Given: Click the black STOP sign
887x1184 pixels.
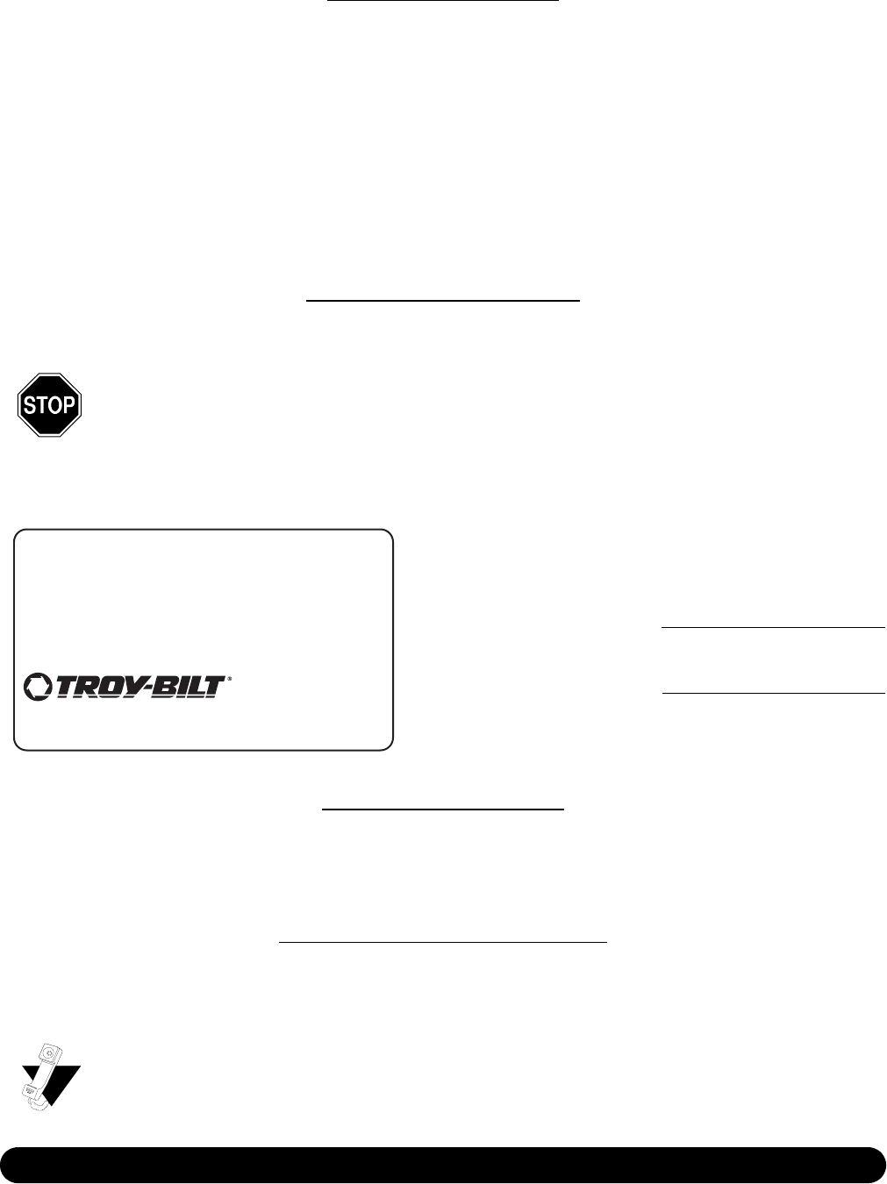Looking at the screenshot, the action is coord(49,404).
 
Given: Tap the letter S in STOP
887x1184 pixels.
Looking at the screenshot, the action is coord(29,405).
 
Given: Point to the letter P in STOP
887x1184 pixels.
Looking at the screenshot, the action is coord(69,405).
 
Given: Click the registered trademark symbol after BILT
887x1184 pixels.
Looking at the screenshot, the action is coord(230,678).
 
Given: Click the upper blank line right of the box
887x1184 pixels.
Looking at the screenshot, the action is coord(773,628).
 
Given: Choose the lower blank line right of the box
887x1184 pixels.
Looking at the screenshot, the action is coord(773,694).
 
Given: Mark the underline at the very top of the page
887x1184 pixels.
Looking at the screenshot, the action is coord(443,2).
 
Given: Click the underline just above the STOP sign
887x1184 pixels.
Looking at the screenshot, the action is coord(443,301).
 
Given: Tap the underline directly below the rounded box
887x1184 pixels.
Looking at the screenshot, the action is coord(443,810).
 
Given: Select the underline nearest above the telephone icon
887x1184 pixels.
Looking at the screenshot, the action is coord(443,942).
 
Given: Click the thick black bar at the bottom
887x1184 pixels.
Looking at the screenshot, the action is coord(443,1165).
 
